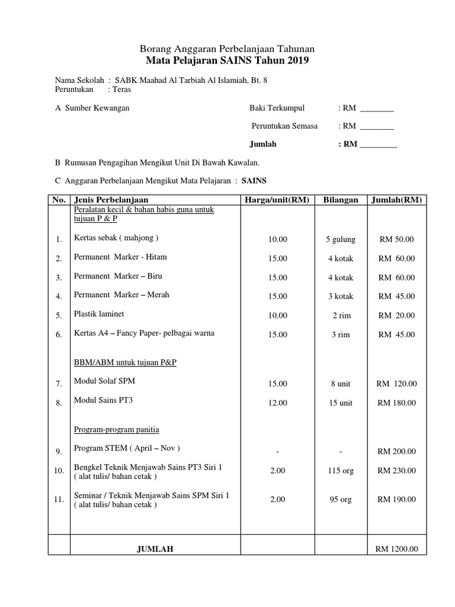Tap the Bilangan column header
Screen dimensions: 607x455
341,200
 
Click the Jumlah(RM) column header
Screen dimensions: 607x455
396,200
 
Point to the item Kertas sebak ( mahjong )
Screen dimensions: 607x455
116,238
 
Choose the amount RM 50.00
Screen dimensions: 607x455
396,239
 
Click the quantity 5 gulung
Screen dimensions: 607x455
341,239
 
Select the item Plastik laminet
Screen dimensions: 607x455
99,314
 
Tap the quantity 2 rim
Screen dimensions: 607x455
341,315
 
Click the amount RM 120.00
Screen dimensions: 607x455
396,384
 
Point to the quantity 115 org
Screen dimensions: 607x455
341,471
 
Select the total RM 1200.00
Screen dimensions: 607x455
396,549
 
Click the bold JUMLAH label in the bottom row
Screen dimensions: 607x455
155,550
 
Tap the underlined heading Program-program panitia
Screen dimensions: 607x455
116,429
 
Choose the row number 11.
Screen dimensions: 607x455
59,500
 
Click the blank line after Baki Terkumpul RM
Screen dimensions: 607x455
377,108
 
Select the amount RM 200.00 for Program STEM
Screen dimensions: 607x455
396,452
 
